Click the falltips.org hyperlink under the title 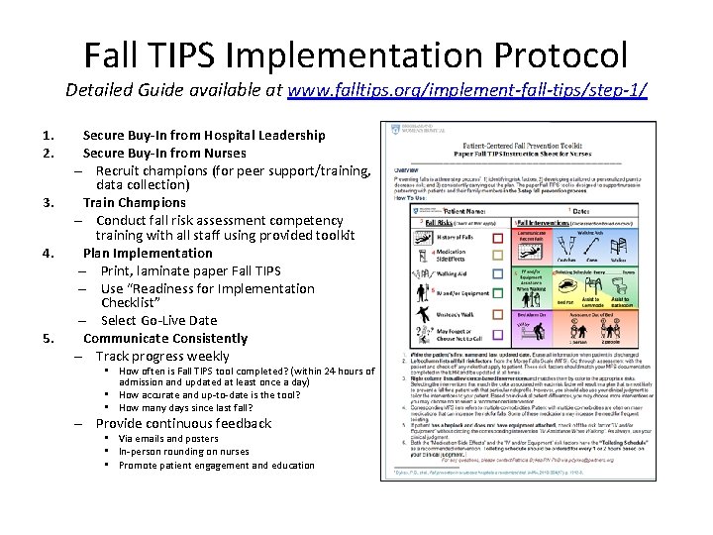pos(467,90)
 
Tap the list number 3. pos(49,202)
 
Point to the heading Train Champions pos(134,202)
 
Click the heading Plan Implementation pos(148,253)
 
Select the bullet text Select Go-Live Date pos(158,320)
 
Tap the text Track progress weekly pos(162,356)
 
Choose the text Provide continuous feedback pos(183,423)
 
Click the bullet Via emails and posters pos(168,438)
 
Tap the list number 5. pos(49,338)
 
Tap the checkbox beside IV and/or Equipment pos(498,293)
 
